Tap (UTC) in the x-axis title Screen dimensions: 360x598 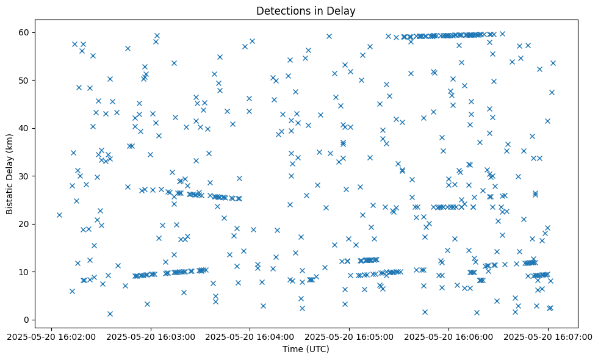point(317,349)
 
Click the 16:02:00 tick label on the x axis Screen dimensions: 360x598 point(51,336)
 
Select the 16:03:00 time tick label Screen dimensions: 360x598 point(151,336)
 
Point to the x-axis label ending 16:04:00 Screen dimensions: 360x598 point(250,336)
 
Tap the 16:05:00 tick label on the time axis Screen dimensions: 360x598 point(349,336)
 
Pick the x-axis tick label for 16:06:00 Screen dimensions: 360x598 point(448,336)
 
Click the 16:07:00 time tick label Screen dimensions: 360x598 point(547,336)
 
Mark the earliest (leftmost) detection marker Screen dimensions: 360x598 point(59,215)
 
